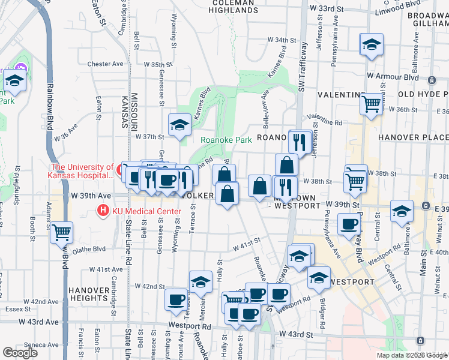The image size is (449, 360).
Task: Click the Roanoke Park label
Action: click(225, 140)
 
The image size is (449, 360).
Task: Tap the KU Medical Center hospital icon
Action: click(103, 211)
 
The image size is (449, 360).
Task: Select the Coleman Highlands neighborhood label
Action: click(235, 6)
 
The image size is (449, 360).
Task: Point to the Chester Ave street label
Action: click(105, 64)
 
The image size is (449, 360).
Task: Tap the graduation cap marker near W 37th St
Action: click(179, 124)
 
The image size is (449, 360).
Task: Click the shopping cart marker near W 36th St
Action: click(372, 103)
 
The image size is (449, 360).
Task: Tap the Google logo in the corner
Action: click(20, 353)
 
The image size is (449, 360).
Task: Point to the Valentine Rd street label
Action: click(324, 121)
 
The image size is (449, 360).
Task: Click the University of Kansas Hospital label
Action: click(82, 171)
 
